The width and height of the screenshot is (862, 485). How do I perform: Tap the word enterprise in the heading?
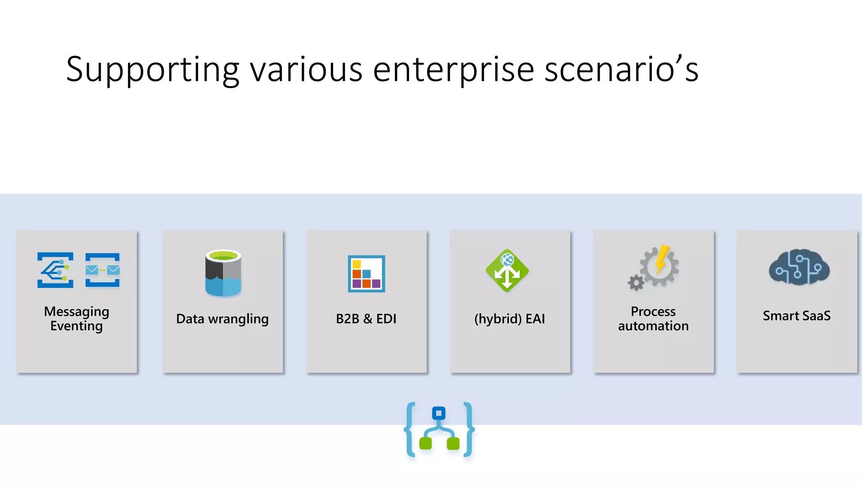pos(453,70)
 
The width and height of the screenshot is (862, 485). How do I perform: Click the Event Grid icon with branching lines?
pos(55,270)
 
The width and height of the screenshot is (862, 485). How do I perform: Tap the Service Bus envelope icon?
pos(102,270)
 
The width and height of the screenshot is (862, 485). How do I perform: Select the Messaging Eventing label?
pos(77,319)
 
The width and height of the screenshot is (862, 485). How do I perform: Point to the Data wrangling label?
pos(222,319)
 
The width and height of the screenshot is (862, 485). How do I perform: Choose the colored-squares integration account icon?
pos(366,274)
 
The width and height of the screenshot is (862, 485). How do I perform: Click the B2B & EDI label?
pos(366,319)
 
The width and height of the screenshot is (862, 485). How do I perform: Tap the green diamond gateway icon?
pos(507,270)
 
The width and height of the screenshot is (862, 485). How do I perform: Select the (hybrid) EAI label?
pos(510,319)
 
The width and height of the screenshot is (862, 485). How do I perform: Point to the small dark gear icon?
pos(636,282)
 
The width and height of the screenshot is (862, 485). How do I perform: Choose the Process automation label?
pos(653,319)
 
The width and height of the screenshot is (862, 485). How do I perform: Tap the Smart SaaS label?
pos(797,316)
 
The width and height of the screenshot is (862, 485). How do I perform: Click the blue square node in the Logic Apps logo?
pos(439,413)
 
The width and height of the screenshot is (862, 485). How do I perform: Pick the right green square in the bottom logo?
pos(453,443)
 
